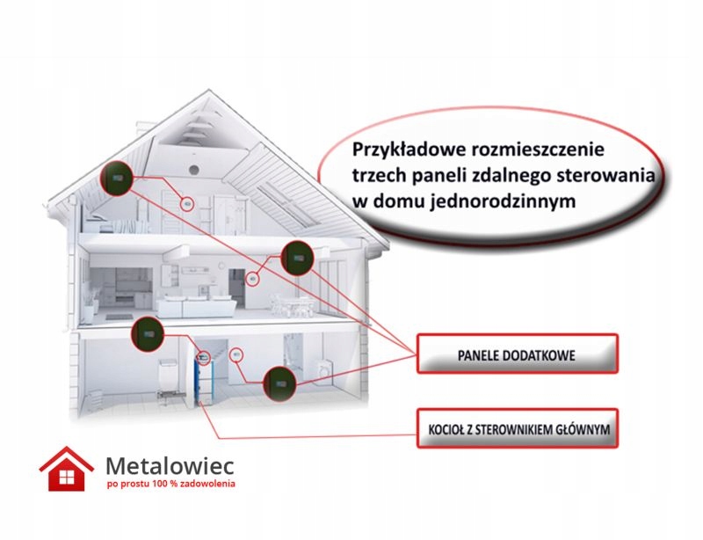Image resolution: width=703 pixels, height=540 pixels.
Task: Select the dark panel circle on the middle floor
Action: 297,259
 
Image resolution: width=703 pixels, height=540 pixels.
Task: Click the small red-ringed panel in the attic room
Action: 187,203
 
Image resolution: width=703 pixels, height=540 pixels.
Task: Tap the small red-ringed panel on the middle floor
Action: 252,278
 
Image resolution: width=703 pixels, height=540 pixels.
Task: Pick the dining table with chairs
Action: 292,304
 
